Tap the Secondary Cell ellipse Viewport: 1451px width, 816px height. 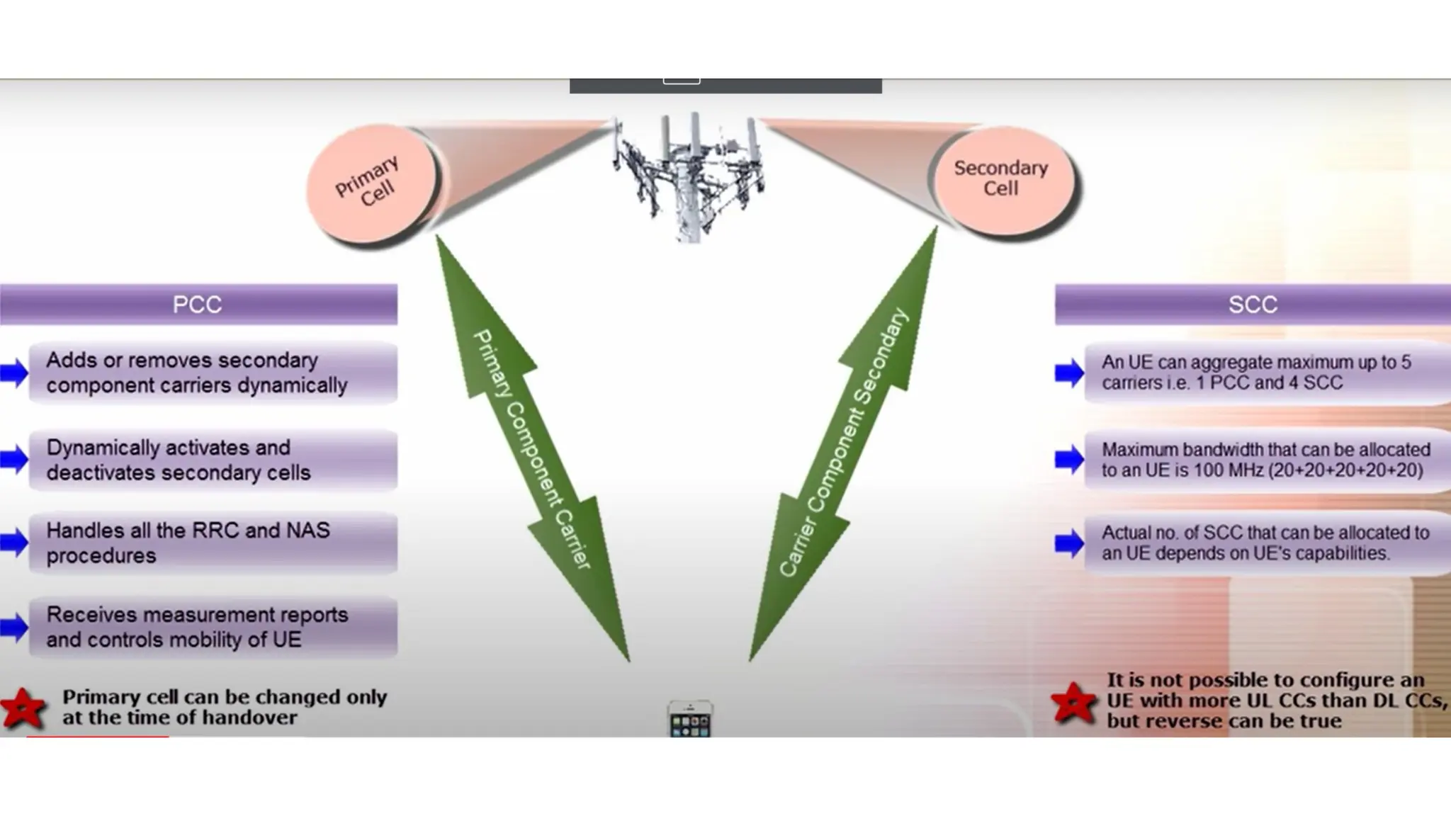click(1002, 180)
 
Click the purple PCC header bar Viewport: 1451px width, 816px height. click(198, 305)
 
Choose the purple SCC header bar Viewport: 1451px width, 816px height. click(1252, 305)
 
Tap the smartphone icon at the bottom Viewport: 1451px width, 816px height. click(689, 719)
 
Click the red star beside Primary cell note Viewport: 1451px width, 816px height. click(23, 708)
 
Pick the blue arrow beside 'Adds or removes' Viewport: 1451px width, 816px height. click(13, 373)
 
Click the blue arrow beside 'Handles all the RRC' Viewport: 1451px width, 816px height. click(13, 543)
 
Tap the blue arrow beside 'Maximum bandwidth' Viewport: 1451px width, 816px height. click(1068, 460)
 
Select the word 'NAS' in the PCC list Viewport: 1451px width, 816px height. click(307, 531)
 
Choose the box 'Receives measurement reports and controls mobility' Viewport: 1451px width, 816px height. click(213, 627)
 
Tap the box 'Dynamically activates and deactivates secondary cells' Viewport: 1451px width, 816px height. click(213, 460)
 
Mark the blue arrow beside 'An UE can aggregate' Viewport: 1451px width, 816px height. click(1068, 373)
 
